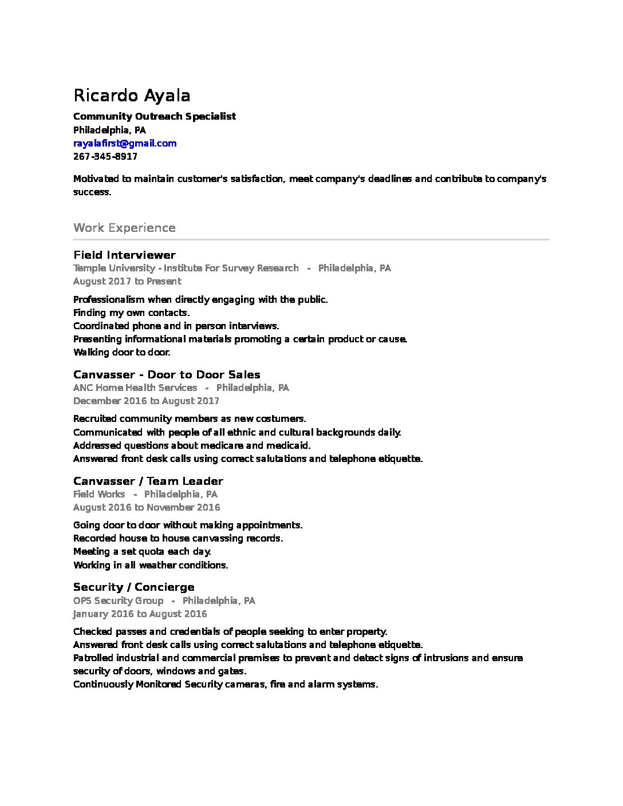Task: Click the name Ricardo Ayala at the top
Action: pos(132,95)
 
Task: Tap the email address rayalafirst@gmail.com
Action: pos(125,143)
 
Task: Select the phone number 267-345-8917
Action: pos(105,156)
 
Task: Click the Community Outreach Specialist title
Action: pos(155,116)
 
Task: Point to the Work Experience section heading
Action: pos(124,228)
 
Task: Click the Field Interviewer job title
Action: pos(124,255)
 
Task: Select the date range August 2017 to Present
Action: pos(127,281)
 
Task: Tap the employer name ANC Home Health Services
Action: pos(135,388)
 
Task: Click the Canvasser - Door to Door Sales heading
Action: pos(167,374)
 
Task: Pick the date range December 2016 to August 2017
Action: pos(146,401)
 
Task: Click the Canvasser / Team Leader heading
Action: pos(148,481)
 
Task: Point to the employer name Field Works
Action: pos(99,494)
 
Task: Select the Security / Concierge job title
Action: pos(134,587)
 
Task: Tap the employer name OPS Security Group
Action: pos(118,600)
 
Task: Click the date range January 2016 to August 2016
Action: pos(140,614)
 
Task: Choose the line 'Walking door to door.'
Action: pos(122,352)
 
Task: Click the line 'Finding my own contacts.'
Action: pos(131,313)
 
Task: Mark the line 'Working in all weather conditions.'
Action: pos(151,565)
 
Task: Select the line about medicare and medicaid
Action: pos(192,445)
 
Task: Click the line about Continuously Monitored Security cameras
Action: pos(226,684)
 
